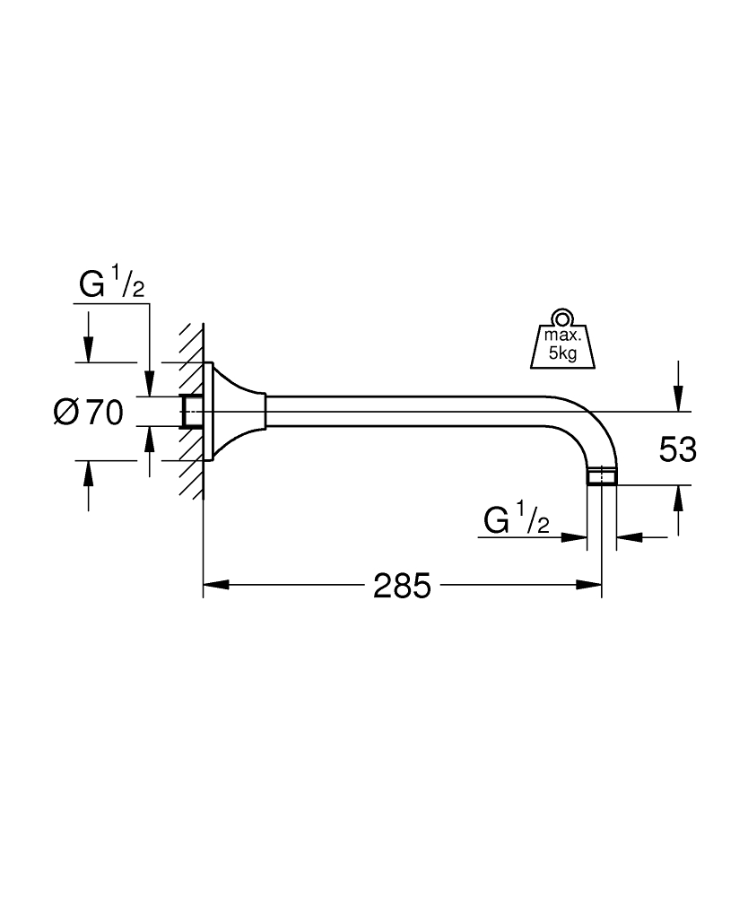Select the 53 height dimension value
pyautogui.click(x=677, y=449)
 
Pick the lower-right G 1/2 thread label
pyautogui.click(x=516, y=519)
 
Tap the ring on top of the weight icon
pyautogui.click(x=562, y=317)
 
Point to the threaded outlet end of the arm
pyautogui.click(x=601, y=475)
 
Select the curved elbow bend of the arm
pyautogui.click(x=597, y=425)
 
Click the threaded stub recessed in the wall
pyautogui.click(x=190, y=412)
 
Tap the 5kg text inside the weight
pyautogui.click(x=562, y=353)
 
